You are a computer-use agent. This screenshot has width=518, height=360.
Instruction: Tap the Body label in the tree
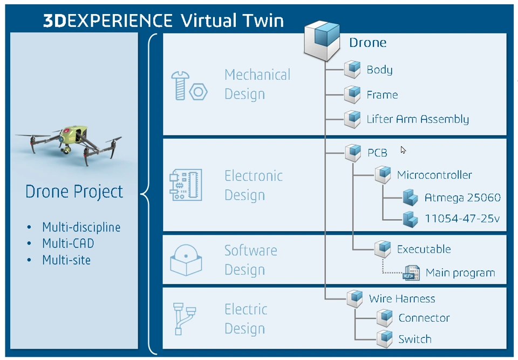(379, 70)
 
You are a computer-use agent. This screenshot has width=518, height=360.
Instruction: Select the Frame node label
(382, 94)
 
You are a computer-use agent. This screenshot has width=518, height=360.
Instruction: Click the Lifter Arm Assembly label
(418, 119)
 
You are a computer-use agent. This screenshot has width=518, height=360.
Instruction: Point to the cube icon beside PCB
(353, 152)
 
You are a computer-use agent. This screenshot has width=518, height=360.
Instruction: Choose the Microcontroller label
(434, 175)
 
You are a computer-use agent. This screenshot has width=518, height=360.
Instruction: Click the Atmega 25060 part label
(462, 198)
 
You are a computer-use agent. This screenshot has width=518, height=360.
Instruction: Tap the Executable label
(424, 249)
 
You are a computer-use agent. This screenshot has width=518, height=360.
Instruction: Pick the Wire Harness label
(402, 298)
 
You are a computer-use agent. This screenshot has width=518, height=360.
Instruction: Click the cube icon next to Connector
(384, 317)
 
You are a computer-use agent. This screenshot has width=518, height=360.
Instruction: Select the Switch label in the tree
(414, 339)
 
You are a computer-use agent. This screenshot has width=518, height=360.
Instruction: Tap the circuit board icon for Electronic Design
(186, 185)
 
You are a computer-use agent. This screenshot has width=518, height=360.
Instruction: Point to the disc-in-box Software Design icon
(186, 260)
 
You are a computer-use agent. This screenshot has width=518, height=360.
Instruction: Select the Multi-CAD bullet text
(68, 243)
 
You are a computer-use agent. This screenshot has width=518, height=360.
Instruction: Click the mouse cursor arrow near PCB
(403, 150)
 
